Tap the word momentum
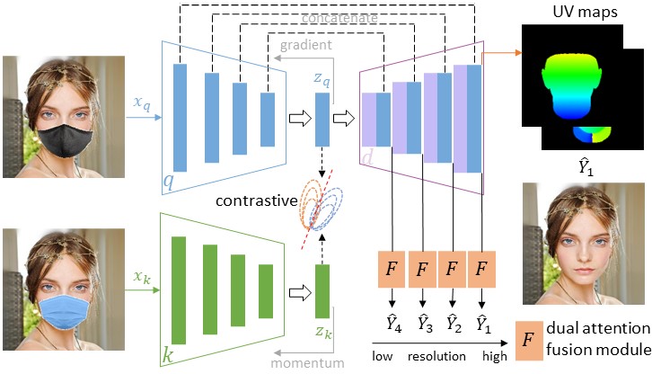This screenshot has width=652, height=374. [305, 363]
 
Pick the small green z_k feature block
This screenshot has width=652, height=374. [322, 291]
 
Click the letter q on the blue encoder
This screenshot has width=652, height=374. [168, 183]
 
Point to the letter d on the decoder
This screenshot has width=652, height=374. [369, 158]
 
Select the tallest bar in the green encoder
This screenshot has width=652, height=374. [179, 289]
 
